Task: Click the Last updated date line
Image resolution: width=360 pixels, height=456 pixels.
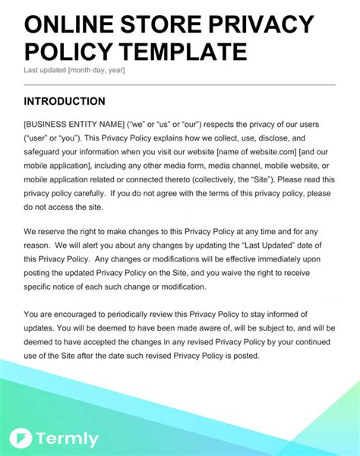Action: pyautogui.click(x=74, y=71)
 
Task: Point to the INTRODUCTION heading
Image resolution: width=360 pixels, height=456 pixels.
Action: pyautogui.click(x=65, y=101)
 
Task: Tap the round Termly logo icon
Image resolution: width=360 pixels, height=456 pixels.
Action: pyautogui.click(x=21, y=439)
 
